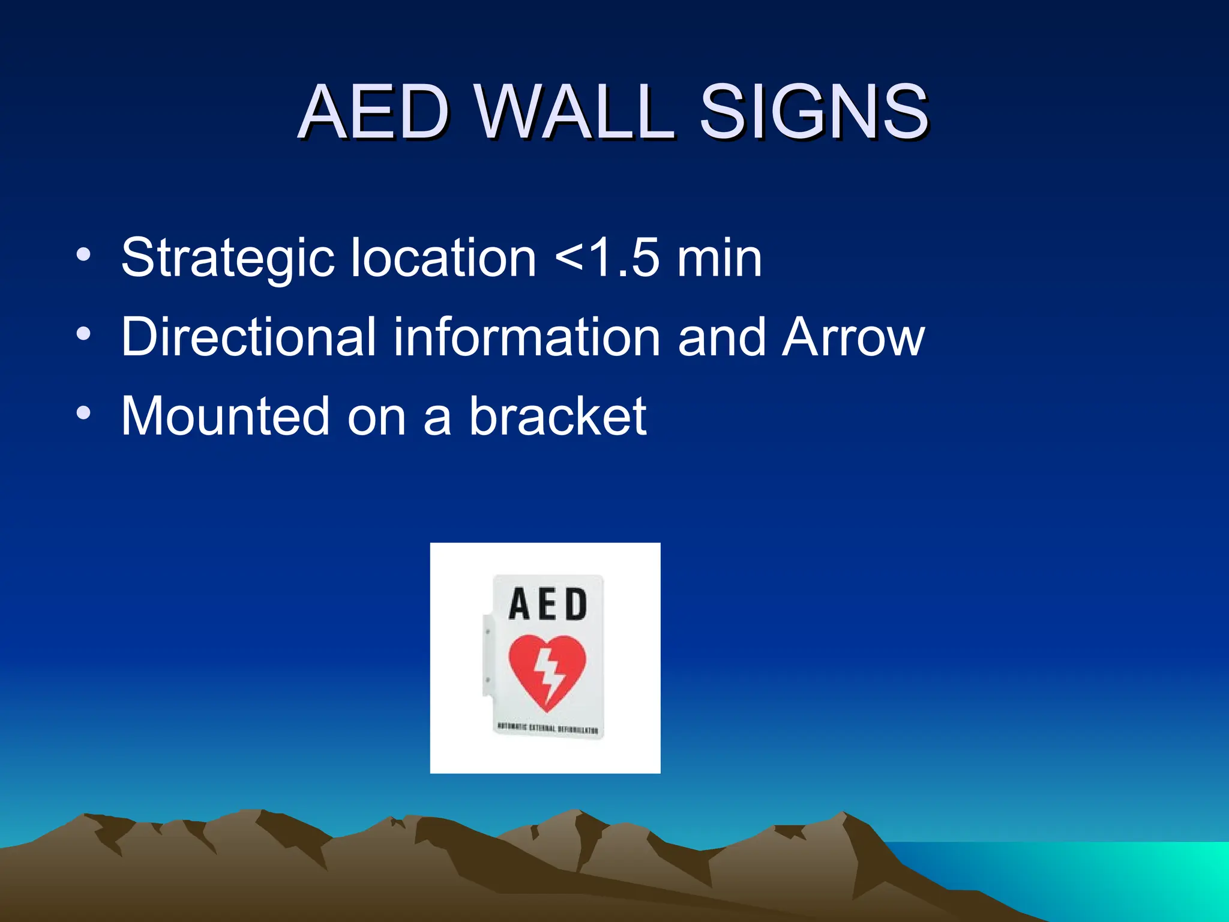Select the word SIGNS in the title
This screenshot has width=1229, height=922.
point(814,112)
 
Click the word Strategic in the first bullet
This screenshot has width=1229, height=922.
point(227,258)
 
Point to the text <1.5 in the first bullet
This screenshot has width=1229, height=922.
point(607,258)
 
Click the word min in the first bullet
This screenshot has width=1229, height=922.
point(719,258)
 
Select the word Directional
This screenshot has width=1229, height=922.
point(248,337)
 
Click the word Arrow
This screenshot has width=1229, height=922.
point(853,337)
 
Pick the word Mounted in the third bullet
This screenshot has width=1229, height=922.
point(225,416)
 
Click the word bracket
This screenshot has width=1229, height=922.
point(557,416)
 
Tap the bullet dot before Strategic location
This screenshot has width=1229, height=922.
point(84,255)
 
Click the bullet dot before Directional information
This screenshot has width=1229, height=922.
point(84,334)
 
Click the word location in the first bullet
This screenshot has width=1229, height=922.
point(443,258)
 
